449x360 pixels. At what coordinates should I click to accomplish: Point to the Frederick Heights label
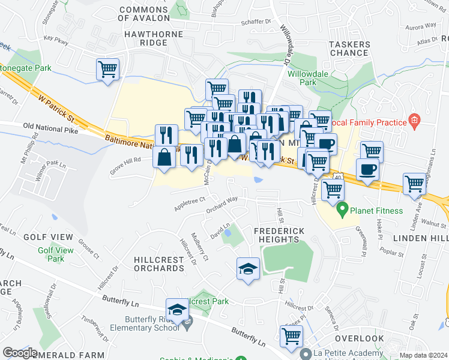(279, 235)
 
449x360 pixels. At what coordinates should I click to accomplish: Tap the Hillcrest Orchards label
(159, 263)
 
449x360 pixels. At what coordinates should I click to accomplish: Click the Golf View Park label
(55, 254)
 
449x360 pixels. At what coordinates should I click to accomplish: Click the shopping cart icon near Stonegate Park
(108, 70)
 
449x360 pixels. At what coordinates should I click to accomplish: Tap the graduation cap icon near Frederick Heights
(248, 268)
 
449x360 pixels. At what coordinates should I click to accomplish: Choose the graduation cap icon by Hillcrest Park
(177, 309)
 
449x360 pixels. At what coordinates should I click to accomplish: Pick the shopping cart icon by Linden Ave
(414, 184)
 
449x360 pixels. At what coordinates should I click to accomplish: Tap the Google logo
(20, 353)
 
